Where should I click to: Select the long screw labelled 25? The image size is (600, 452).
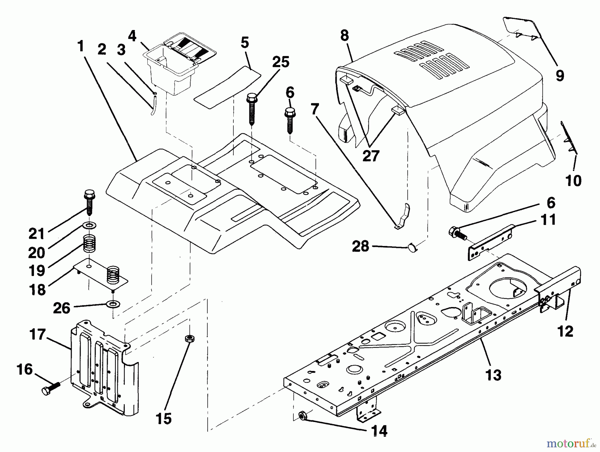[252, 110]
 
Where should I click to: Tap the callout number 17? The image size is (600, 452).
[37, 334]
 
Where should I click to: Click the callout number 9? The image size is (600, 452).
[560, 75]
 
